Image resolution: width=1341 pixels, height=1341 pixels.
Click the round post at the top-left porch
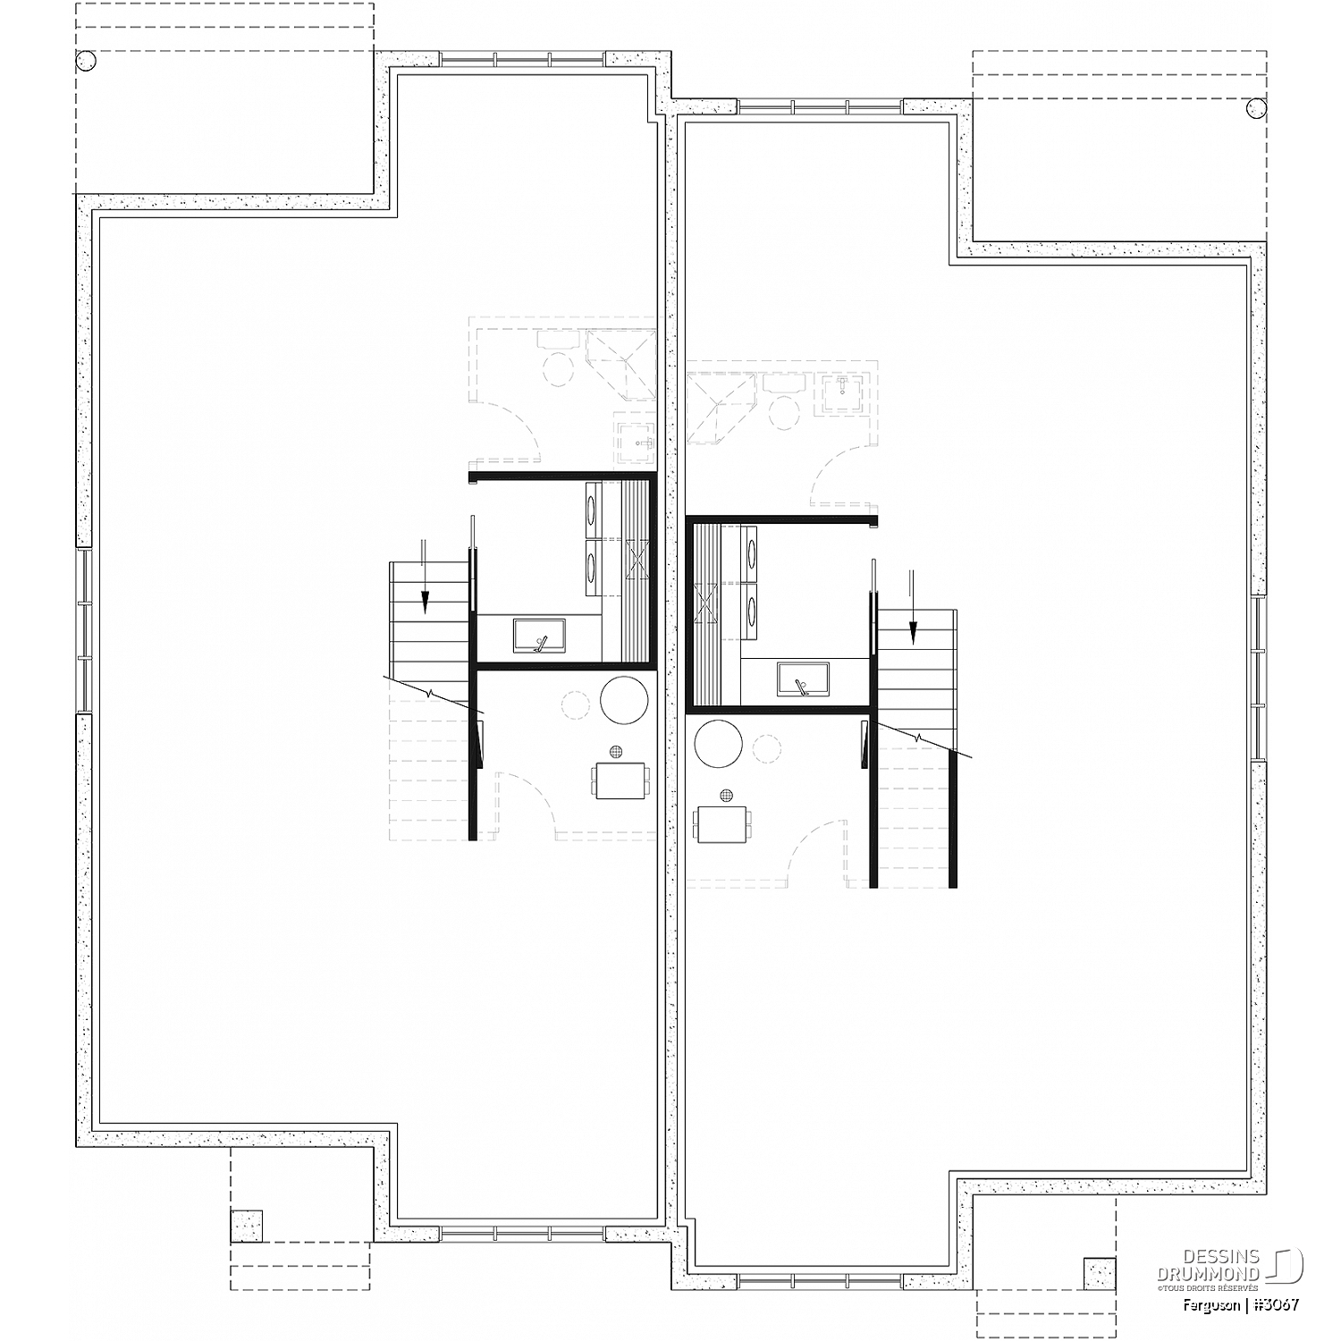point(86,62)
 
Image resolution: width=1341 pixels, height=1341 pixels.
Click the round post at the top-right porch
point(1255,108)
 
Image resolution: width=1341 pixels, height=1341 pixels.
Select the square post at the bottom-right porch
point(1100,1273)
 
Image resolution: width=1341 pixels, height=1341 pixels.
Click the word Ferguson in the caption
point(1209,1306)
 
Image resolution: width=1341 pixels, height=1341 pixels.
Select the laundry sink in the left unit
point(539,636)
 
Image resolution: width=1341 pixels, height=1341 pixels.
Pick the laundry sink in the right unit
point(803,679)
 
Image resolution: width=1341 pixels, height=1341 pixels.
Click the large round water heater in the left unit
point(624,699)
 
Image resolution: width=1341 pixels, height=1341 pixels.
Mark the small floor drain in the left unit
point(615,752)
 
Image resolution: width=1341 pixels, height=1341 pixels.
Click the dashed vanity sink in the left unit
point(637,439)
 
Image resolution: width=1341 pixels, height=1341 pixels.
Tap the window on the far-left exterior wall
point(83,630)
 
